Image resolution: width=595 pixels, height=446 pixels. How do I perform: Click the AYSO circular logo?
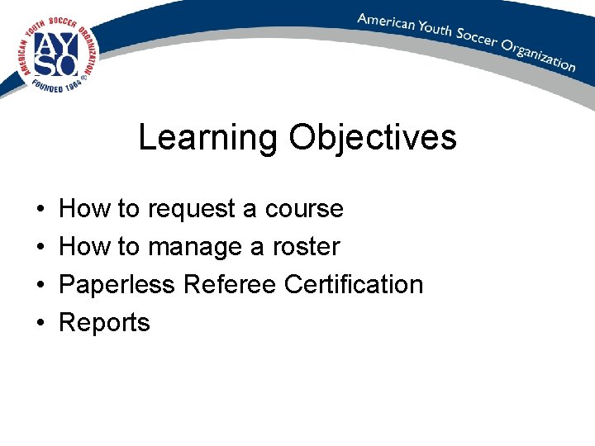(55, 55)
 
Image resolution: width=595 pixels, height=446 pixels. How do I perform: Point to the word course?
(303, 209)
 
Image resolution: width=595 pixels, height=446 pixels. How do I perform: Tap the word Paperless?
(117, 285)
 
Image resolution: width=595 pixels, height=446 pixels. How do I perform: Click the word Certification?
(353, 285)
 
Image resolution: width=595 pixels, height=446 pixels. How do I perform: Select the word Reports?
(105, 323)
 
